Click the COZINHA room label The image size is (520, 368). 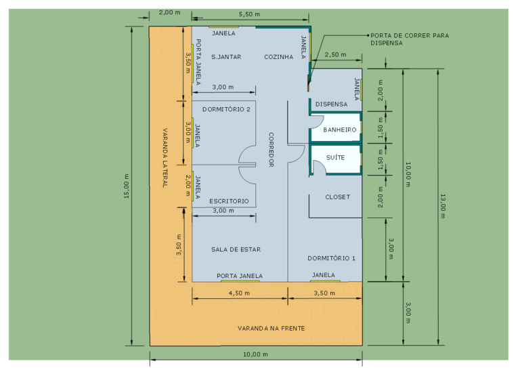(278, 57)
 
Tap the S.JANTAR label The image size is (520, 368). (226, 57)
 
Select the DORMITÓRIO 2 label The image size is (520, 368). (226, 109)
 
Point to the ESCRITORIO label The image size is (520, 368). (229, 201)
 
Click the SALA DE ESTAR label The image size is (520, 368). (236, 249)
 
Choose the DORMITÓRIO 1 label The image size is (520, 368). (331, 258)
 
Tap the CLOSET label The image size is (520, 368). (338, 197)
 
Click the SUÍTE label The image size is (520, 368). (335, 157)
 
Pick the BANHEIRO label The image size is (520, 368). (340, 129)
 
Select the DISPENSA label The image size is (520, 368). (331, 104)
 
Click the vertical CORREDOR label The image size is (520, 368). (271, 150)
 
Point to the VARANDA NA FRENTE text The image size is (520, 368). (272, 328)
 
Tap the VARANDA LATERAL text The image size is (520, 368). (165, 158)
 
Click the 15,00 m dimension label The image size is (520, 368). (127, 186)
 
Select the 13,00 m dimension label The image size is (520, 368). (443, 206)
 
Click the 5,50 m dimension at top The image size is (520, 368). (249, 14)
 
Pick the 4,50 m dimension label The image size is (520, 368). (239, 293)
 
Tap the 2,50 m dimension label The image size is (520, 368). (335, 54)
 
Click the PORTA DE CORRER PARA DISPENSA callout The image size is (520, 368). (410, 39)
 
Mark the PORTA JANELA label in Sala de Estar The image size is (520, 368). (240, 276)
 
